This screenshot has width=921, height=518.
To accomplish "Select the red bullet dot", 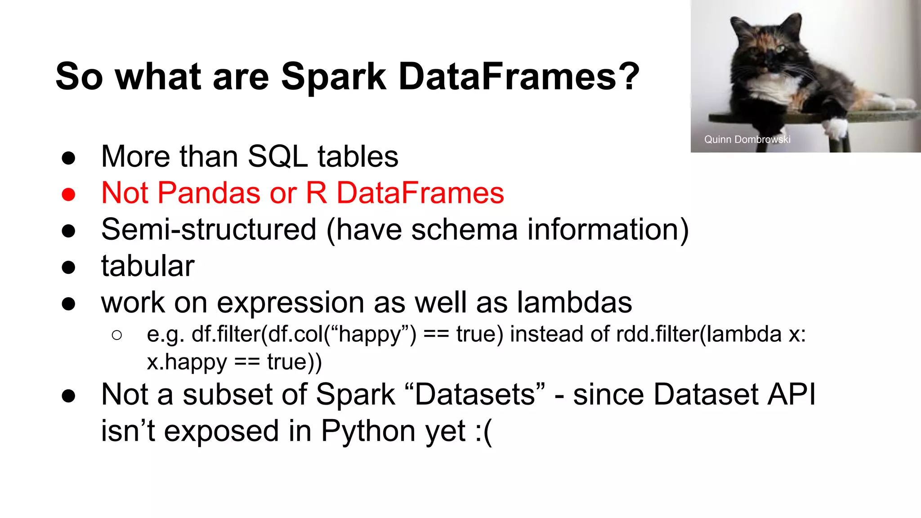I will tap(68, 194).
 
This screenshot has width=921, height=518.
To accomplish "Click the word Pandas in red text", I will tap(209, 193).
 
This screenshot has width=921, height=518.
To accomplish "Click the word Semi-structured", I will tap(209, 230).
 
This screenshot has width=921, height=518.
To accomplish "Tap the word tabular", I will tap(148, 266).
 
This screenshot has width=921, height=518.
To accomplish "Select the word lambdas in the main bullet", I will tap(574, 303).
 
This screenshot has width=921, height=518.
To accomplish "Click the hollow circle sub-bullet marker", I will tap(116, 335).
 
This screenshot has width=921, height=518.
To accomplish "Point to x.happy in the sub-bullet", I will tap(187, 362).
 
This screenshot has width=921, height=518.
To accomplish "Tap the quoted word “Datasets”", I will tap(474, 395).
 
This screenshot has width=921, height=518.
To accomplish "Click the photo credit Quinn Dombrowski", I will tap(747, 139).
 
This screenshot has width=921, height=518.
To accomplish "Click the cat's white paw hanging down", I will tap(837, 128).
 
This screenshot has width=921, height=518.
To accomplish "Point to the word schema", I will tap(464, 230).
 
